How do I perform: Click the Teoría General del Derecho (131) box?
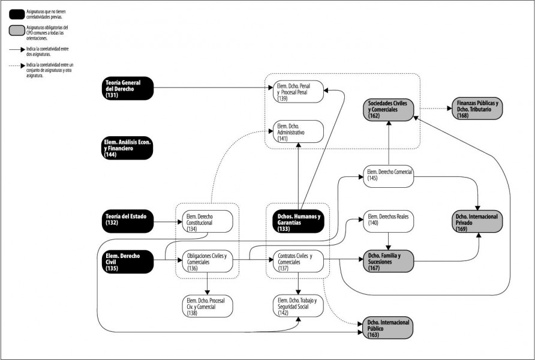click(128, 88)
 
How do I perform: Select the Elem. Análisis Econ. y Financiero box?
click(128, 148)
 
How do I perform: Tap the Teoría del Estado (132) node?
click(128, 222)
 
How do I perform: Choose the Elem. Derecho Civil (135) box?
click(128, 262)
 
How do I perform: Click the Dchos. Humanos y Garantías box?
click(299, 222)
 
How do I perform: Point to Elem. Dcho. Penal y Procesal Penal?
click(298, 91)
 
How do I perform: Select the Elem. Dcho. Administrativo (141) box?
click(298, 131)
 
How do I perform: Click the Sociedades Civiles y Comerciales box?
click(389, 109)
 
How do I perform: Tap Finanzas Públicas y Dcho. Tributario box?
click(477, 109)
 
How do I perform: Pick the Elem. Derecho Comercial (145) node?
click(389, 176)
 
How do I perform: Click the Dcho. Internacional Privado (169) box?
click(477, 222)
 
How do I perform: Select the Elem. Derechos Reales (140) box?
click(389, 221)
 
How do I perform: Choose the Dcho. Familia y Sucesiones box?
click(389, 262)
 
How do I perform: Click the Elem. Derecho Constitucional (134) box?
click(208, 221)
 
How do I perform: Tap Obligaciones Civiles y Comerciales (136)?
click(208, 262)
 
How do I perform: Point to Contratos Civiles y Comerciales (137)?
click(298, 262)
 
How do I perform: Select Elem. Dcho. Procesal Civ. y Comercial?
click(208, 306)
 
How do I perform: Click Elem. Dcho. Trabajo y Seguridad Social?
click(298, 306)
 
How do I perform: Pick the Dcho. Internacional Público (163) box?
click(387, 328)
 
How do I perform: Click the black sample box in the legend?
click(17, 14)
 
